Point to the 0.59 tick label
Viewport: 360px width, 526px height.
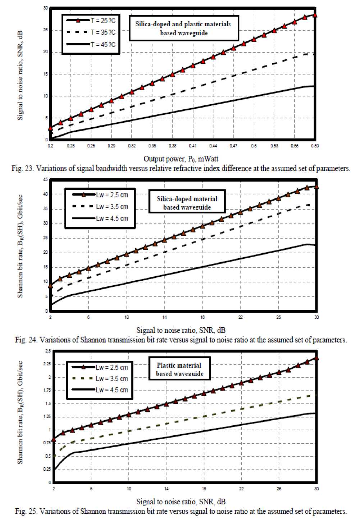click(x=315, y=146)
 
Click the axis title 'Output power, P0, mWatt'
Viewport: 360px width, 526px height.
click(x=181, y=159)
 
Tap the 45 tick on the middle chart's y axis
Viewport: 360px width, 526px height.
click(x=45, y=180)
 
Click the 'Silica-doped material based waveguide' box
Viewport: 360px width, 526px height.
click(x=187, y=203)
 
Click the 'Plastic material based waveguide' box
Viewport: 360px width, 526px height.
click(x=179, y=369)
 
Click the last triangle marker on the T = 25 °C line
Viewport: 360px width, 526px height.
click(x=315, y=15)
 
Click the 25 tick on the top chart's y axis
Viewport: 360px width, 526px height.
click(x=45, y=30)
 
